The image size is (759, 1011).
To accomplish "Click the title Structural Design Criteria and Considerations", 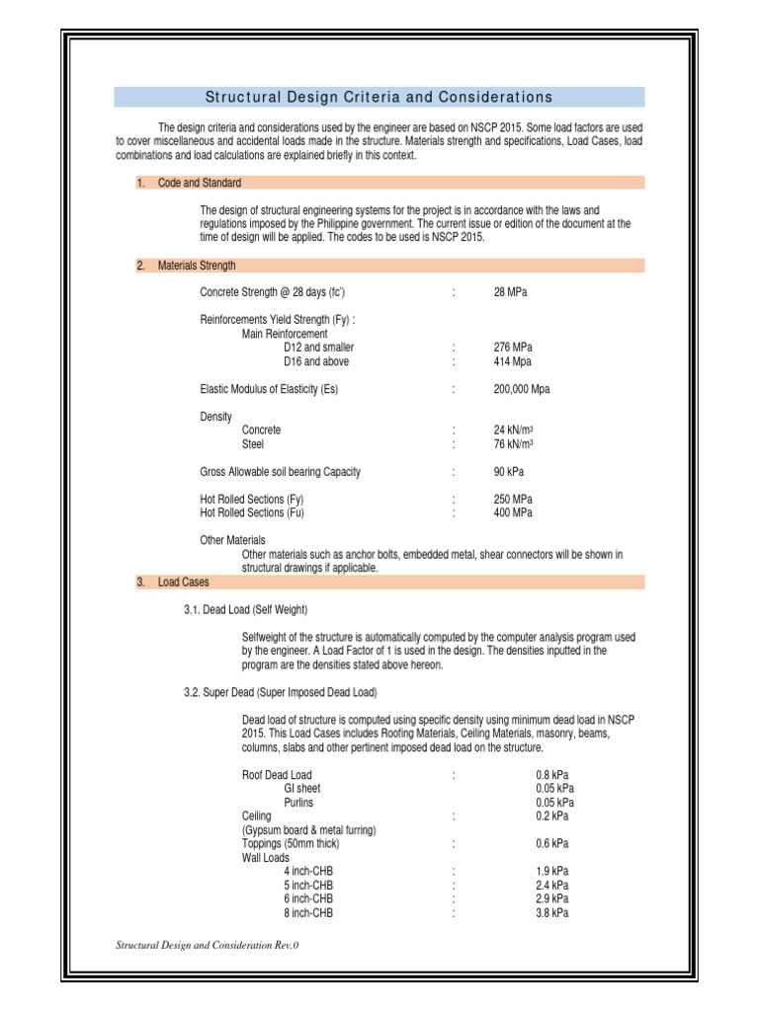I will point(379,97).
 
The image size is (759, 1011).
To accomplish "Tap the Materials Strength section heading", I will point(197,266).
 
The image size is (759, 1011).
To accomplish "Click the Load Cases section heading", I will point(183,583).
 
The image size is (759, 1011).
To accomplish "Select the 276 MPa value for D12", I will point(513,348).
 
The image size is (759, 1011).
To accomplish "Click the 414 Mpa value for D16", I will point(513,361).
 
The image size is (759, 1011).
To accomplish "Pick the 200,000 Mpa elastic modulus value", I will point(522,389).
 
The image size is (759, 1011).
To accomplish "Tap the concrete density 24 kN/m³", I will point(514,430).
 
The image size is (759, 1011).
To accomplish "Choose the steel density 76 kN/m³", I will point(514,444).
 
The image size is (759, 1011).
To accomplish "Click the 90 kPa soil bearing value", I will point(509,472).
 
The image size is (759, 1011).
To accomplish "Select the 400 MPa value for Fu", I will point(513,513).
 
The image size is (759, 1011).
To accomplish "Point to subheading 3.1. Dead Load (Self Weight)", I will point(252,610).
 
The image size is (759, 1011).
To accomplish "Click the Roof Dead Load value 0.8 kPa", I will point(551,775).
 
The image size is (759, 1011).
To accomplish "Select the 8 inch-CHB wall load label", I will point(308,913).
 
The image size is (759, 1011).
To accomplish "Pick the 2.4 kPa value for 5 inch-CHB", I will point(551,886).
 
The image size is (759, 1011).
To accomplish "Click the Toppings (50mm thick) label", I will point(293,844).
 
